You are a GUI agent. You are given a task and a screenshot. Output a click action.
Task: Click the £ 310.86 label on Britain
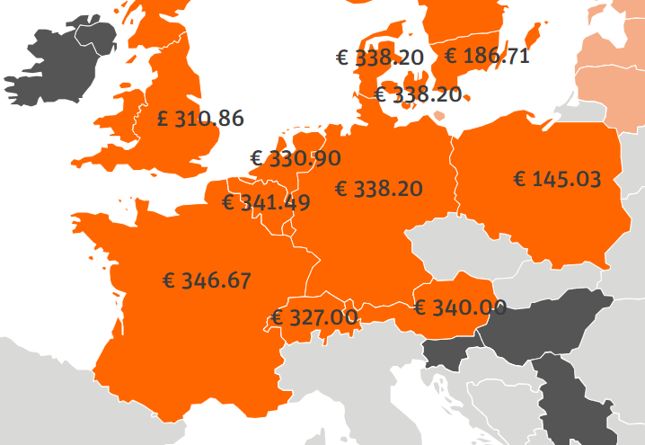[199, 118]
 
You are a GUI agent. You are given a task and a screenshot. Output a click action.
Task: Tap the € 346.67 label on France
[207, 280]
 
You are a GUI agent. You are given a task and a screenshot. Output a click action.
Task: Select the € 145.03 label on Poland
[556, 178]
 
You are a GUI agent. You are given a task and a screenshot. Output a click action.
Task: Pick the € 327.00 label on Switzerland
[314, 317]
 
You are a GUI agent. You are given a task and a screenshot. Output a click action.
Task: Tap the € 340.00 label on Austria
[460, 307]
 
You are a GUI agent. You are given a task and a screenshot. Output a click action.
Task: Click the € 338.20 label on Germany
[378, 189]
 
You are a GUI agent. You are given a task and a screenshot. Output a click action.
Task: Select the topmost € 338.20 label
[379, 58]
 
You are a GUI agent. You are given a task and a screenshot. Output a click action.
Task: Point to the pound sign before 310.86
[163, 119]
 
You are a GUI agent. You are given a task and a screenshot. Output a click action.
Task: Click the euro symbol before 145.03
[519, 178]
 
